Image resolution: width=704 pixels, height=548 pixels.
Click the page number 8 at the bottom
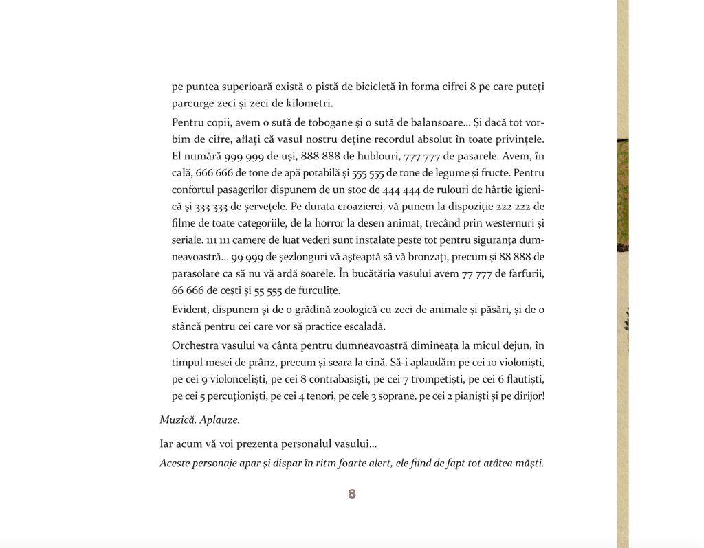[352, 494]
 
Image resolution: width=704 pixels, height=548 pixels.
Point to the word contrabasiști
[338, 379]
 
